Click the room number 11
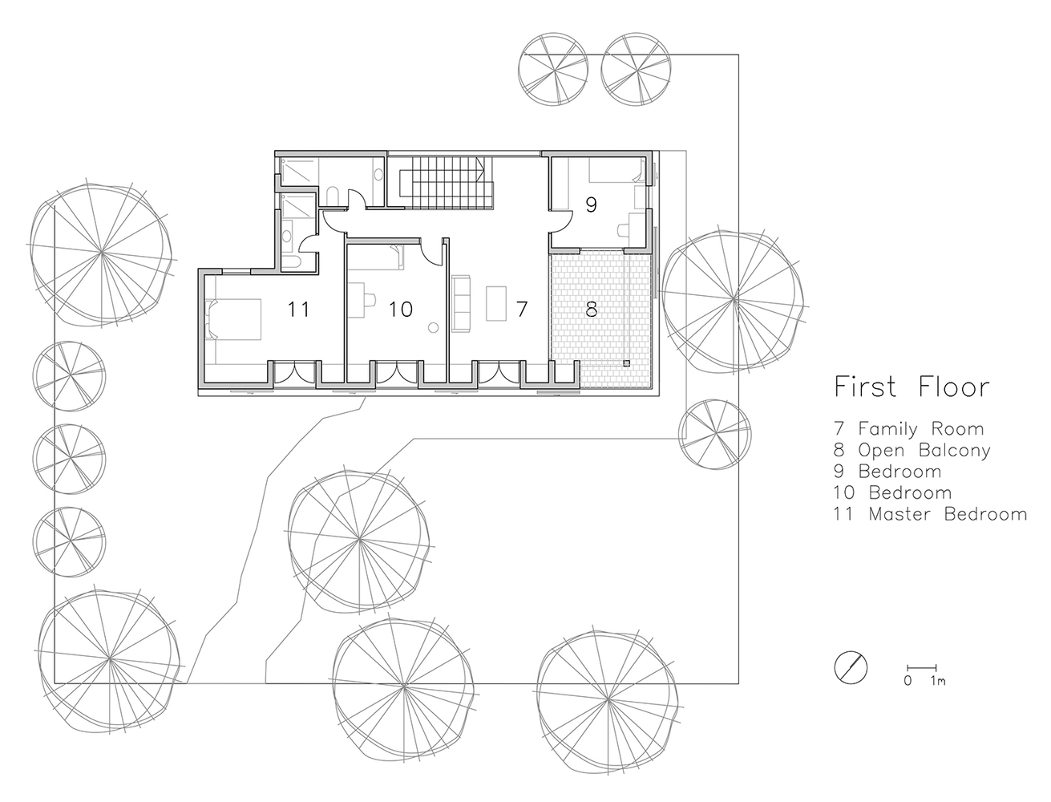pyautogui.click(x=298, y=308)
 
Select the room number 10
pyautogui.click(x=400, y=308)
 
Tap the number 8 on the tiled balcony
pyautogui.click(x=591, y=308)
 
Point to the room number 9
pyautogui.click(x=591, y=205)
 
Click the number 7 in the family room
pyautogui.click(x=522, y=308)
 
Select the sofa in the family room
pyautogui.click(x=461, y=302)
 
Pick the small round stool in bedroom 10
pyautogui.click(x=433, y=327)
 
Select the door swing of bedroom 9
pyautogui.click(x=561, y=217)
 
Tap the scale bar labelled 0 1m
pyautogui.click(x=922, y=668)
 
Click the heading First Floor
pyautogui.click(x=912, y=387)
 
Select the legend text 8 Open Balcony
pyautogui.click(x=912, y=450)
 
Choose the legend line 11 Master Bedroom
pyautogui.click(x=929, y=514)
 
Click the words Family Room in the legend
pyautogui.click(x=920, y=429)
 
